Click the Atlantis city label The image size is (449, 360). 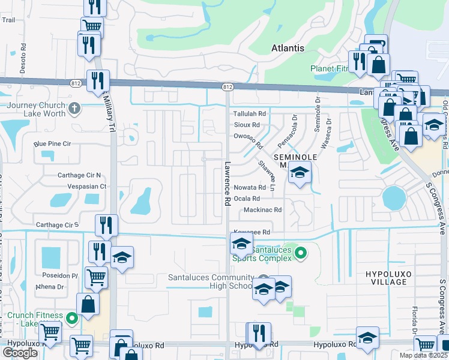(x=288, y=48)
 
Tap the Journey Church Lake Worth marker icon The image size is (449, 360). (x=74, y=109)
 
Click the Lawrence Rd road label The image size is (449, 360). (x=228, y=184)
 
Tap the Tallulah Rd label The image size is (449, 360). (x=249, y=113)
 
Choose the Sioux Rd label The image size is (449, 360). (x=247, y=125)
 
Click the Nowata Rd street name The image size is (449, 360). (x=249, y=187)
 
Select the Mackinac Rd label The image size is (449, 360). (x=262, y=210)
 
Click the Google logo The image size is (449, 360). (x=20, y=353)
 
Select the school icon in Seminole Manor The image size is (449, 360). (x=298, y=173)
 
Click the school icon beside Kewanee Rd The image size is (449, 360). (x=241, y=244)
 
